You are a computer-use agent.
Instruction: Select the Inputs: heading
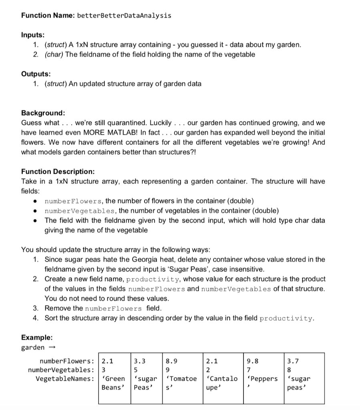pos(33,35)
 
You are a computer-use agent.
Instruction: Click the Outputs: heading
pos(36,74)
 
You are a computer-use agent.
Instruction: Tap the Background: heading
pos(43,113)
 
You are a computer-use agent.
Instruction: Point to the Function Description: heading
pos(58,172)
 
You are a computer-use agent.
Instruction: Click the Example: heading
pos(37,338)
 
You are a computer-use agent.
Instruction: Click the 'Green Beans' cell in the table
pos(114,383)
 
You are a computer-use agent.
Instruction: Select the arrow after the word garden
pos(52,348)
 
